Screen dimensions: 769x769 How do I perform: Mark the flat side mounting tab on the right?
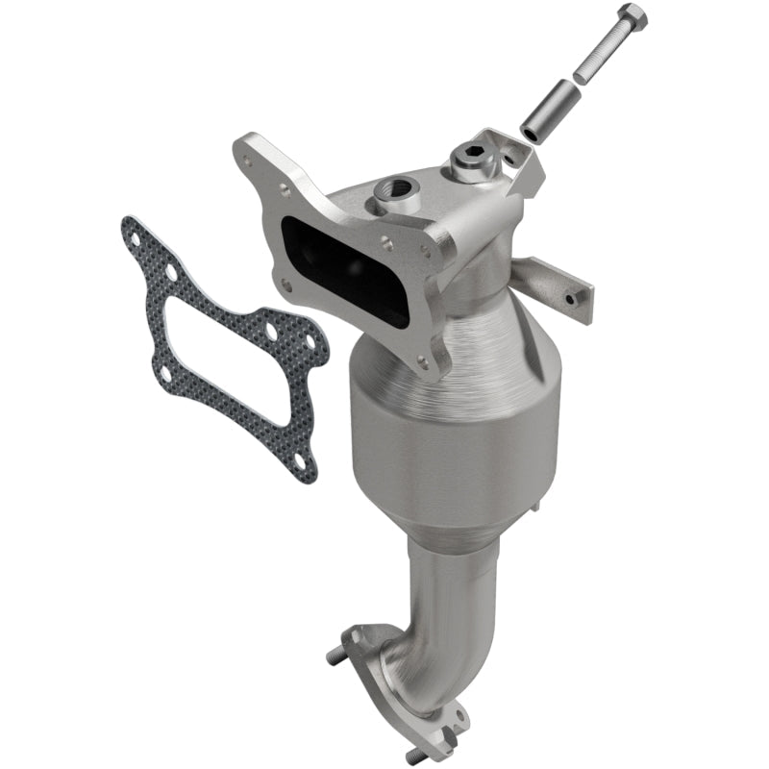pos(555,284)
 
